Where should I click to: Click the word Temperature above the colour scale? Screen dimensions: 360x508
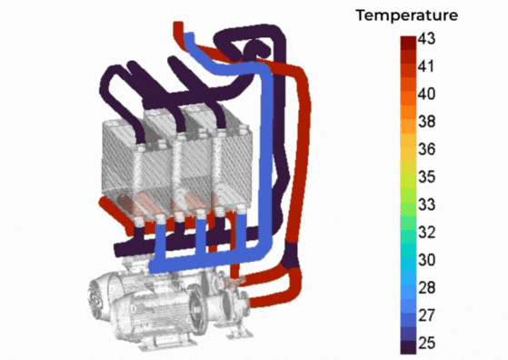(x=407, y=15)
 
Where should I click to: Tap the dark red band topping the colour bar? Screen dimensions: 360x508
(x=406, y=43)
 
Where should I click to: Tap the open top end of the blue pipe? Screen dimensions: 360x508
(x=191, y=35)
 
